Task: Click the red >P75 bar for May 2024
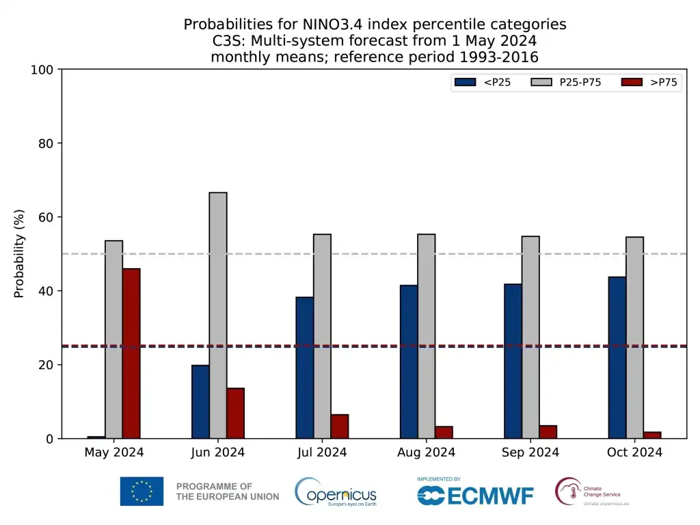pyautogui.click(x=131, y=353)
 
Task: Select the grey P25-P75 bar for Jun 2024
pyautogui.click(x=218, y=315)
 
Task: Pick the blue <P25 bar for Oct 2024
pyautogui.click(x=617, y=358)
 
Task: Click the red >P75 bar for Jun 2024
pyautogui.click(x=235, y=414)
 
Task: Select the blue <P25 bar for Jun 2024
pyautogui.click(x=200, y=402)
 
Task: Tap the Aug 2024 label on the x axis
pyautogui.click(x=426, y=453)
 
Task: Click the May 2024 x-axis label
pyautogui.click(x=113, y=453)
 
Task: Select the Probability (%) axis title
pyautogui.click(x=19, y=254)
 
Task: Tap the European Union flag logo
pyautogui.click(x=142, y=492)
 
